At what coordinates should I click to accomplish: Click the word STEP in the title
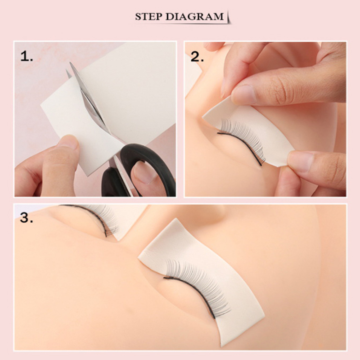pyautogui.click(x=148, y=17)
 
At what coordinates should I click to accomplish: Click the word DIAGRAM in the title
pyautogui.click(x=195, y=17)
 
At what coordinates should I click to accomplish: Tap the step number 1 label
pyautogui.click(x=27, y=56)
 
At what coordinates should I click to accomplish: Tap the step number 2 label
pyautogui.click(x=197, y=56)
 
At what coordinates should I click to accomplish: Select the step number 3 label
pyautogui.click(x=27, y=217)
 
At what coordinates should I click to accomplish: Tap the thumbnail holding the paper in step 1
pyautogui.click(x=67, y=142)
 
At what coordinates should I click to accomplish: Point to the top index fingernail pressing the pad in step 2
pyautogui.click(x=244, y=94)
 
